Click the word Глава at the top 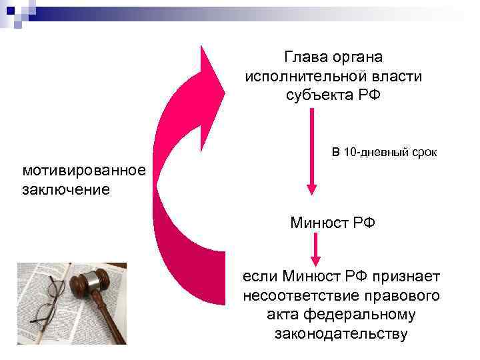coord(305,58)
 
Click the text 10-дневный coord(371,153)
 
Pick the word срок coord(420,153)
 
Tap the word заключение coord(66,189)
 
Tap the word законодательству coord(341,333)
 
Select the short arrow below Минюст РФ coord(317,249)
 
